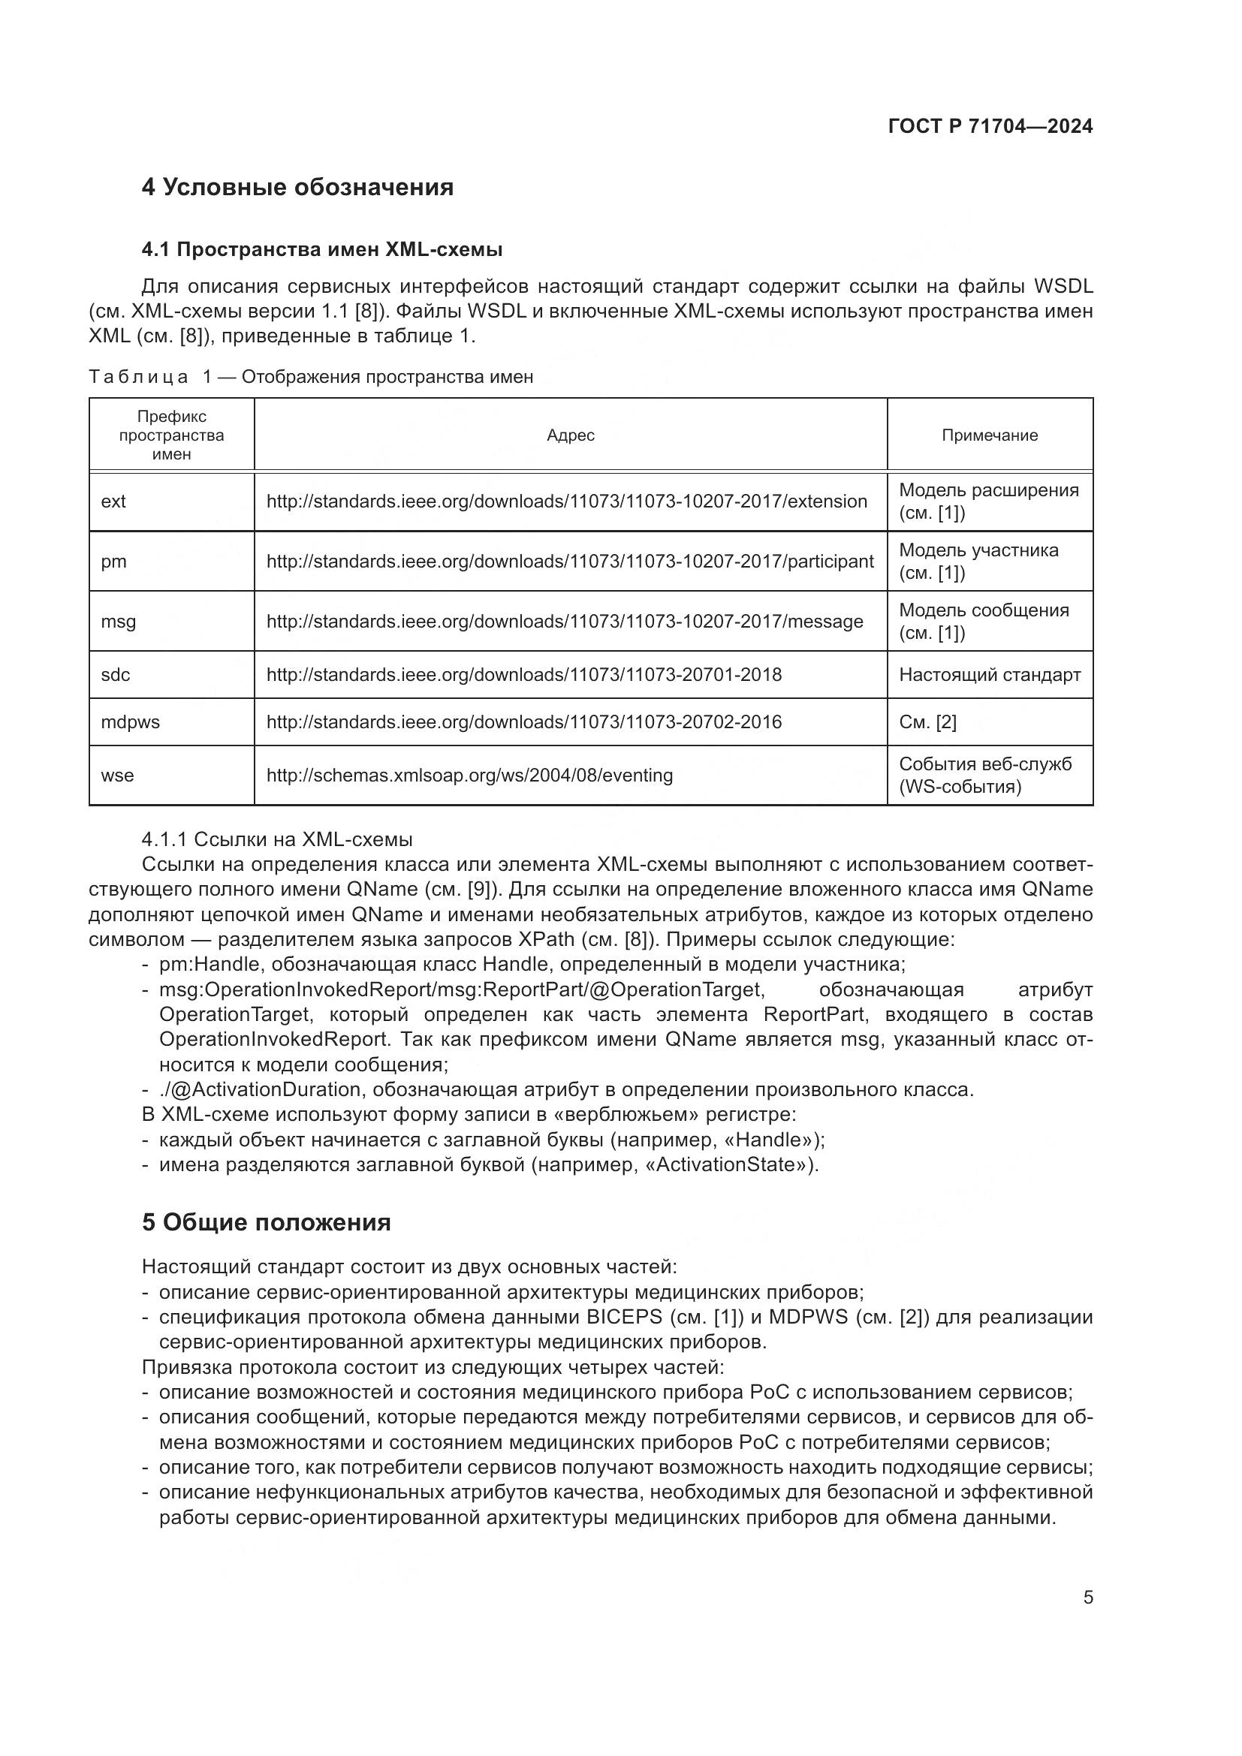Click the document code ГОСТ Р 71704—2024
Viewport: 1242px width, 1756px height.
tap(990, 127)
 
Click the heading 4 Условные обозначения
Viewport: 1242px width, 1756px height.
tap(297, 188)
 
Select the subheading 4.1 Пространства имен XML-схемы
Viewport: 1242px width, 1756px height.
tap(321, 249)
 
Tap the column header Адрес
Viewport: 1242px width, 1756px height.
tap(570, 435)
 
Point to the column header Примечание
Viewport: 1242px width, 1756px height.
tap(989, 435)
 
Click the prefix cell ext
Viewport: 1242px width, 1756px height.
tap(113, 501)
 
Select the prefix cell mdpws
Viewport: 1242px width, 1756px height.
tap(130, 722)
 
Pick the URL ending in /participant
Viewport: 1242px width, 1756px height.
tap(569, 562)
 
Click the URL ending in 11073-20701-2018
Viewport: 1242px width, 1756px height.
tap(523, 675)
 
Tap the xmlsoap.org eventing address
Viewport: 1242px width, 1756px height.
tap(469, 776)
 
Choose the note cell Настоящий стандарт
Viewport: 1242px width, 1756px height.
tap(989, 675)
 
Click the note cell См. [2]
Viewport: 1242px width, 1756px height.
tap(927, 722)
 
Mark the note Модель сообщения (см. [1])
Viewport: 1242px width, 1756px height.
tap(983, 621)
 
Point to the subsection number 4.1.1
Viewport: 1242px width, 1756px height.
tap(164, 840)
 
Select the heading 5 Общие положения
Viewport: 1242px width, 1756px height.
tap(265, 1222)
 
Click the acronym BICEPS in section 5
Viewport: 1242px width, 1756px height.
tap(624, 1317)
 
